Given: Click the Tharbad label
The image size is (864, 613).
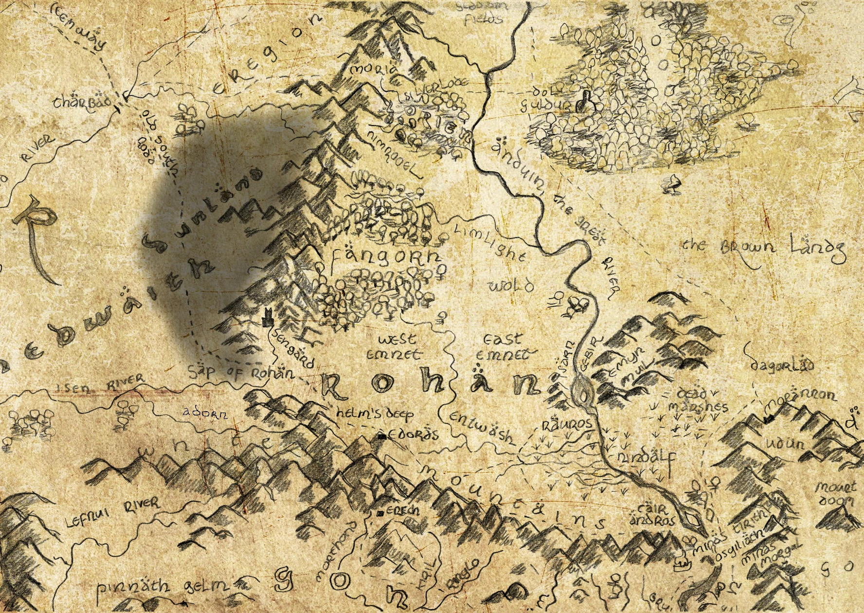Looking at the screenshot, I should (x=81, y=103).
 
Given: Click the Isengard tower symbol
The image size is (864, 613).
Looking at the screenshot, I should (x=267, y=318).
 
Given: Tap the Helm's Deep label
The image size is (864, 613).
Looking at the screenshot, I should (x=375, y=414).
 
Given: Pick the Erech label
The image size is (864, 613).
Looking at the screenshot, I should (x=402, y=511).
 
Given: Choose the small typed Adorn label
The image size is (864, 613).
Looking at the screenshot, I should (x=205, y=413).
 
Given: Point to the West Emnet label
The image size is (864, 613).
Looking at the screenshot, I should (x=394, y=346).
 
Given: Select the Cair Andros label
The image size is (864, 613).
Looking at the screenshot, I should (x=652, y=515).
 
